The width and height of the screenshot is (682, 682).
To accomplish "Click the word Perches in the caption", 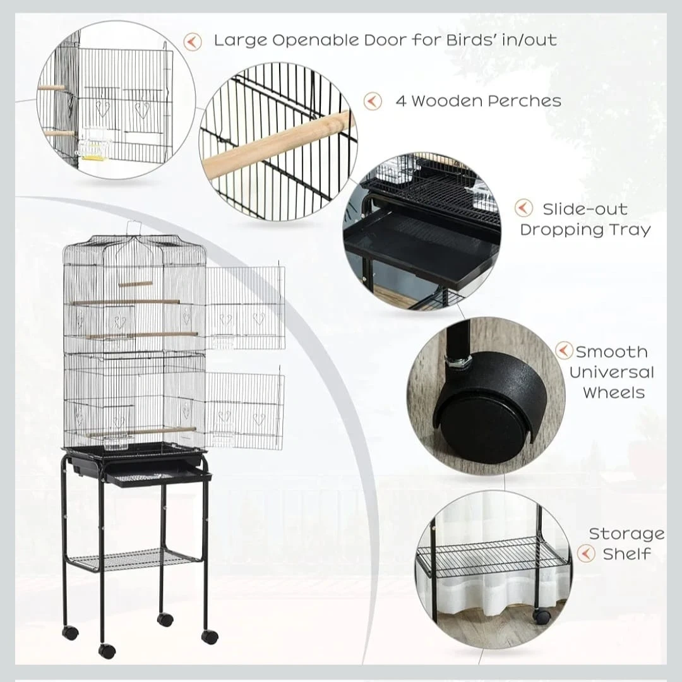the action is tap(524, 101).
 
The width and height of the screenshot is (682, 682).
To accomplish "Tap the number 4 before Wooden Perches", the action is tap(400, 101).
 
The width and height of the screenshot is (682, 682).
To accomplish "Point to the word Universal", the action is tap(611, 373).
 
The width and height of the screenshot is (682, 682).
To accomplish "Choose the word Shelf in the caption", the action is tap(627, 554).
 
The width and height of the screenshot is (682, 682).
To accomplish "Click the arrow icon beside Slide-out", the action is tap(523, 208).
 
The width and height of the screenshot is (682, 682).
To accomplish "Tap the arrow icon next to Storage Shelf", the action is tap(586, 553).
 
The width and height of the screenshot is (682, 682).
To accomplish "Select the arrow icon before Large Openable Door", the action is tap(192, 42).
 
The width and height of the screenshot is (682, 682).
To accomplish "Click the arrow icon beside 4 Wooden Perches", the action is tap(373, 101).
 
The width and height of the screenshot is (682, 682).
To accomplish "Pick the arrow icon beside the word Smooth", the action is tap(564, 350).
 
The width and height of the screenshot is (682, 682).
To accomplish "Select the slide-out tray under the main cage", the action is tap(159, 477).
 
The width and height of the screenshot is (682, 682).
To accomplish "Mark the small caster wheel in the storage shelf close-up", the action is tap(542, 615).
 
